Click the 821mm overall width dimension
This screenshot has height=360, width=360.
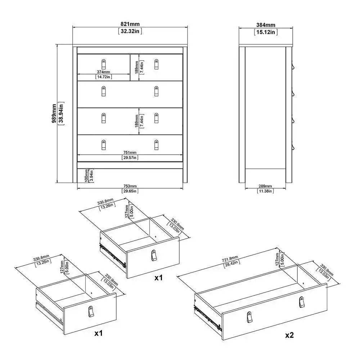[130, 24]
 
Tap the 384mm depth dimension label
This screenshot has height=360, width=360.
[266, 25]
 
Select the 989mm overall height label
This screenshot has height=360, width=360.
[54, 114]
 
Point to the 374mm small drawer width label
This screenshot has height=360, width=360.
[104, 72]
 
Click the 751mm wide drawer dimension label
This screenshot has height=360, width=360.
[130, 152]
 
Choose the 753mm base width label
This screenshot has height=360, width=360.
[130, 186]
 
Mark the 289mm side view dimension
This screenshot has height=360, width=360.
[266, 186]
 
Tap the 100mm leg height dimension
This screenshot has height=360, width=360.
[87, 175]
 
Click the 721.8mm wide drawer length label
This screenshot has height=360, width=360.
[229, 258]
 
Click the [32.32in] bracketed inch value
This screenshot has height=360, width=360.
[130, 31]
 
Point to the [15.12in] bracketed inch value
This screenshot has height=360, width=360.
[266, 32]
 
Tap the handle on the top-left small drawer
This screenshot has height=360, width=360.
[104, 63]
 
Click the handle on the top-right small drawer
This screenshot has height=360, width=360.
[156, 64]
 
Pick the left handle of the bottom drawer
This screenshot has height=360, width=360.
[104, 145]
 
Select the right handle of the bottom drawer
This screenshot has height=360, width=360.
[156, 145]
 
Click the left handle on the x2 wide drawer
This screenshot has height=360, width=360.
[249, 317]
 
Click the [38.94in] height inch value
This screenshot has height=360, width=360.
[62, 114]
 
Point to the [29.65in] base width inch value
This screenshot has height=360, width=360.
[130, 191]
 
